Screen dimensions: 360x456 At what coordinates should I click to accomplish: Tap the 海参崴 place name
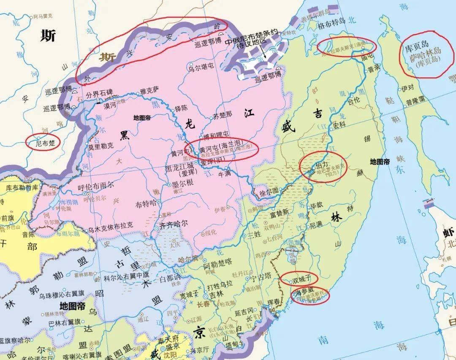(x=304, y=292)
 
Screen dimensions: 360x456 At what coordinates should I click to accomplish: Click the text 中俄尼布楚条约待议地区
(x=251, y=38)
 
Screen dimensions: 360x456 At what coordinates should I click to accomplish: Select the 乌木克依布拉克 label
(x=110, y=225)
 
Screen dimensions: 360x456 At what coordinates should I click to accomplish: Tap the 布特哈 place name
(x=146, y=204)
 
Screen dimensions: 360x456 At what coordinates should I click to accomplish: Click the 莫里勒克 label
(x=100, y=146)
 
